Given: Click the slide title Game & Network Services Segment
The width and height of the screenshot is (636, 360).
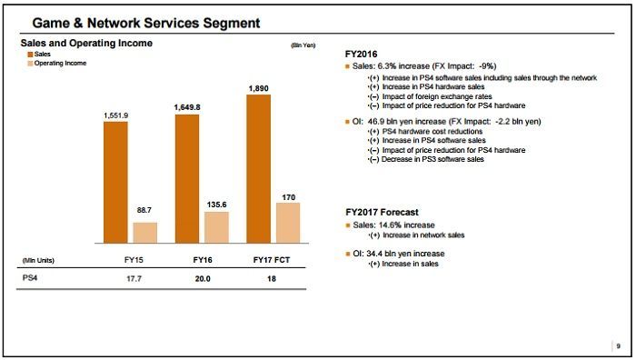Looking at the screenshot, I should [140, 22].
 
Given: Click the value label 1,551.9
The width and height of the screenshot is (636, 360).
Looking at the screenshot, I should [116, 115].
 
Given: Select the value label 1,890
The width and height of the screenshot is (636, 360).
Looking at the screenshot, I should [258, 88].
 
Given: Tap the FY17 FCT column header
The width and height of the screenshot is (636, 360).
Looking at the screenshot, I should [273, 260].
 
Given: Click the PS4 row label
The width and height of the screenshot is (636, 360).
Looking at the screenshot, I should [30, 280].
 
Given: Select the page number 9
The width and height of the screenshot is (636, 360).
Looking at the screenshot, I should [615, 345].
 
